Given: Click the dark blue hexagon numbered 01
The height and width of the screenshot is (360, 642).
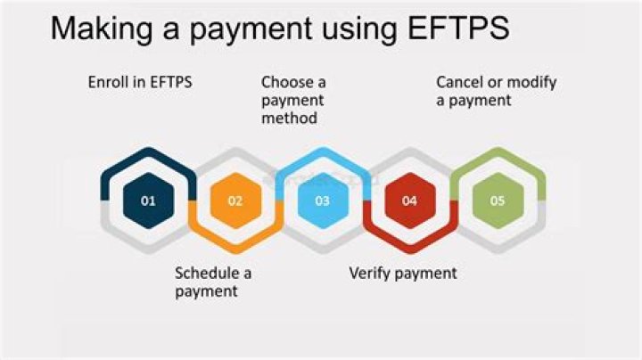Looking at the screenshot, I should tap(148, 200).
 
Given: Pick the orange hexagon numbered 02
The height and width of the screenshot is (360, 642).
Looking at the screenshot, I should tap(235, 200).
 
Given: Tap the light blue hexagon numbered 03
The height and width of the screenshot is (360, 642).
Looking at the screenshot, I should tap(322, 200).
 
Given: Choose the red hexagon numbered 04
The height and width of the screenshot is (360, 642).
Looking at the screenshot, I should tap(409, 200).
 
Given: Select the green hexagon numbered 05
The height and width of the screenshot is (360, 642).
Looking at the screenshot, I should tap(497, 200).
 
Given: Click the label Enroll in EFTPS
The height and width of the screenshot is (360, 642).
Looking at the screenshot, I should tap(140, 82).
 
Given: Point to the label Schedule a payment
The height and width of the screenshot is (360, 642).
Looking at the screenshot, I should tap(213, 282).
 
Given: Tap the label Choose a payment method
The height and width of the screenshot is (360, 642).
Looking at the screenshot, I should tap(293, 100).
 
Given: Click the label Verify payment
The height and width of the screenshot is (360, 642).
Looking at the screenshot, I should tap(402, 273).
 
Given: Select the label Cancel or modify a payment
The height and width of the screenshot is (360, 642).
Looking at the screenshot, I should tap(496, 91).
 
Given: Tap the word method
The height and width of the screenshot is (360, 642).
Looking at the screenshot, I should tap(290, 118).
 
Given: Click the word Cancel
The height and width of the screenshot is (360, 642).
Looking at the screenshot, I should tap(459, 82).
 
